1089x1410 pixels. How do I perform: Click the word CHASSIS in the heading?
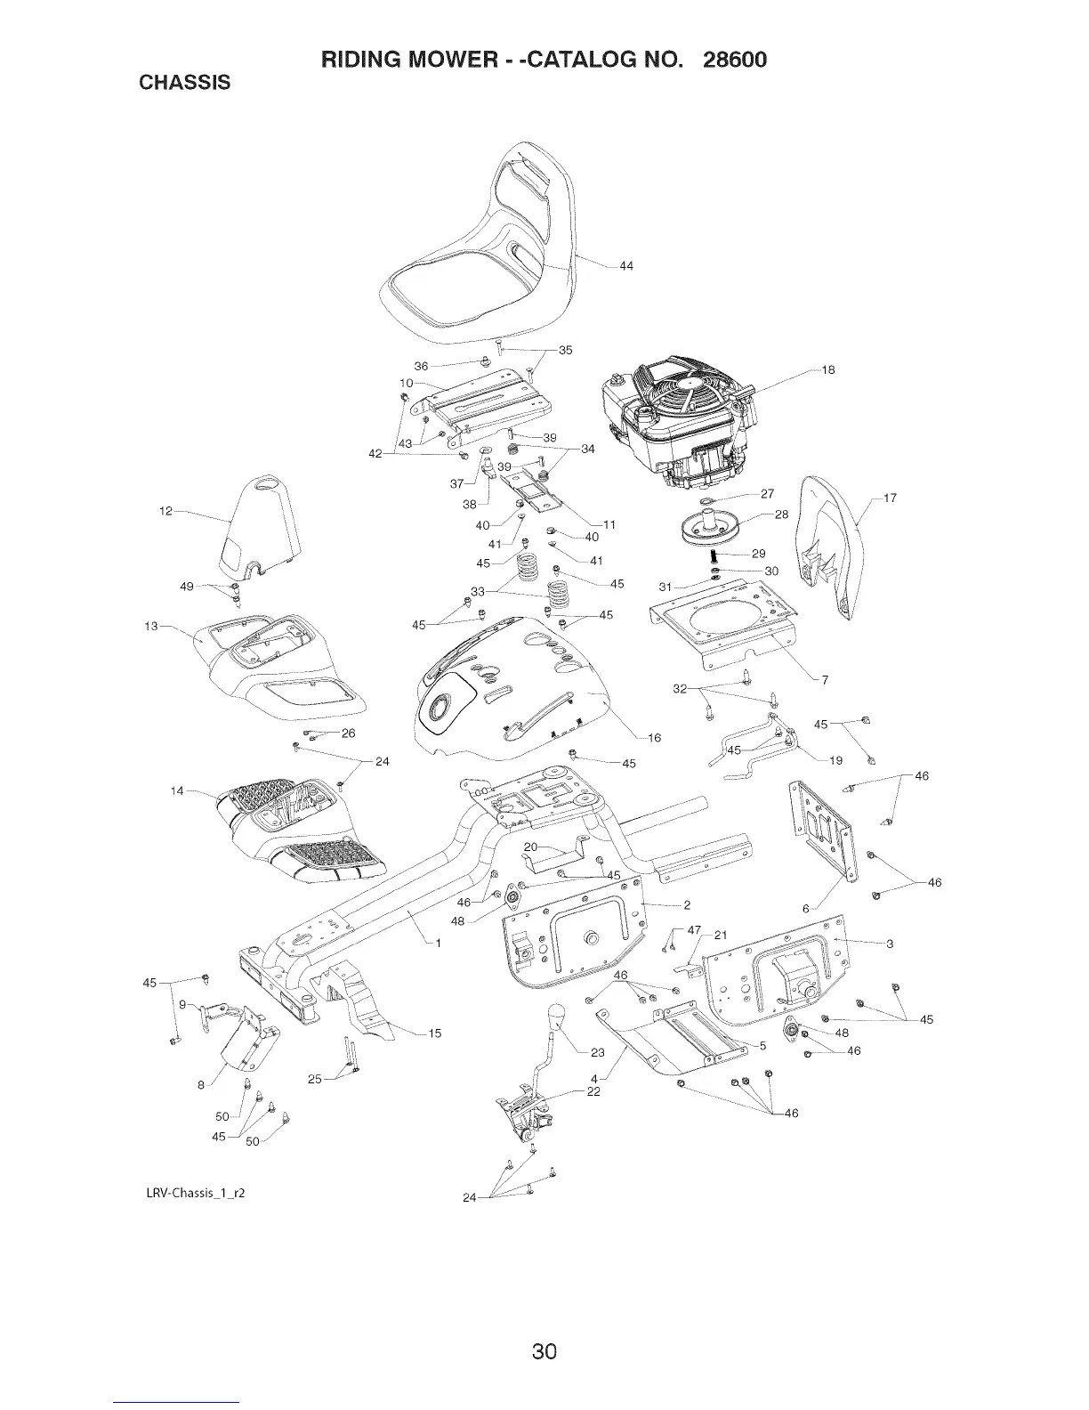tap(185, 83)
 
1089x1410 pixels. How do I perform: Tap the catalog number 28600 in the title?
tap(733, 60)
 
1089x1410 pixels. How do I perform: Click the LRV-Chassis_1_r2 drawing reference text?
tap(196, 1191)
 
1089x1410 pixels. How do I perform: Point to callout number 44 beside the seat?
tap(626, 266)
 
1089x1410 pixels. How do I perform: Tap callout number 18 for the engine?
tap(828, 369)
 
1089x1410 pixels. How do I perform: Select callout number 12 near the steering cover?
tap(165, 512)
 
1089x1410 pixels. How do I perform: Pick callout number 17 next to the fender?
tap(890, 498)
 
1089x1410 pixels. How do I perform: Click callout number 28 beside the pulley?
tap(782, 515)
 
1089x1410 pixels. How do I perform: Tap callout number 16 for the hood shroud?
tap(654, 737)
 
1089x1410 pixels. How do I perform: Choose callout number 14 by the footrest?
tap(177, 790)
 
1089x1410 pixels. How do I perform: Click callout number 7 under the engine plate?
tap(825, 681)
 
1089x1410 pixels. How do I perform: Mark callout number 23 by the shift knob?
tap(598, 1052)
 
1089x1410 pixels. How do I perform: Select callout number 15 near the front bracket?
tap(435, 1033)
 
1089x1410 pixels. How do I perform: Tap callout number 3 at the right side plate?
tap(890, 944)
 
